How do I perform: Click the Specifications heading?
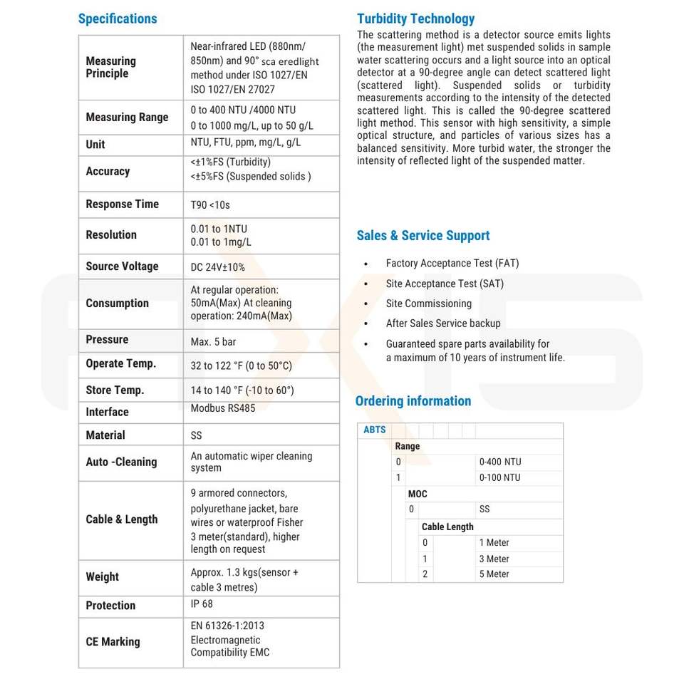pos(118,19)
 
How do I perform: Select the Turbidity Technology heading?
pos(415,19)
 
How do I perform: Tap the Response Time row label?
pos(122,204)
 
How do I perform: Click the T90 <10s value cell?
pos(210,205)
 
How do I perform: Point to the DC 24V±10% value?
pos(217,267)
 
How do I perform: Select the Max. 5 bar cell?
pos(213,342)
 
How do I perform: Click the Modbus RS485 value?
pos(222,408)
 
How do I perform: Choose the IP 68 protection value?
pos(202,604)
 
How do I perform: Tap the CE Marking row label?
pos(113,642)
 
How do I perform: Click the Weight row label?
pos(103,577)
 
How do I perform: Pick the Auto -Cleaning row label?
pos(121,462)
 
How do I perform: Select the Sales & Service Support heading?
pos(423,236)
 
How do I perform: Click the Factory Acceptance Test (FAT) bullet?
pos(452,264)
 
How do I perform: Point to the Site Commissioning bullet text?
pos(429,304)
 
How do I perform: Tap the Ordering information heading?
pos(413,401)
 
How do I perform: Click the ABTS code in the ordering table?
pos(375,430)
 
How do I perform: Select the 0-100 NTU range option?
pos(499,477)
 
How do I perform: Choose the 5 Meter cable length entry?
pos(494,574)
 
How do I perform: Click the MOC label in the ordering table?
pos(418,494)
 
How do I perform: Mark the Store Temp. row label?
pos(115,390)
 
